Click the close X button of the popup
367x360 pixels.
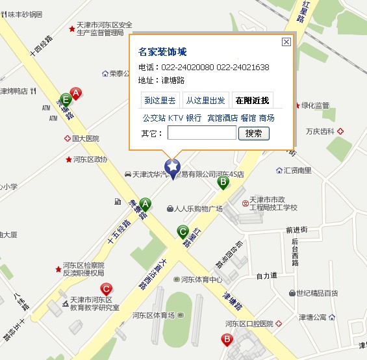[286, 42]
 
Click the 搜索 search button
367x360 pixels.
[254, 133]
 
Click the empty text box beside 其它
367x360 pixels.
[201, 133]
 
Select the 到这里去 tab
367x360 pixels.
[160, 100]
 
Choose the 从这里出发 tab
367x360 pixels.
[205, 100]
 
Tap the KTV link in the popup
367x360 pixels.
[175, 118]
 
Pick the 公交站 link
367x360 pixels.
[154, 118]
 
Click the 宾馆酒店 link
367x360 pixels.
[222, 118]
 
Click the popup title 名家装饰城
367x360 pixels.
[162, 52]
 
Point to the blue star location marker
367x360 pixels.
[173, 167]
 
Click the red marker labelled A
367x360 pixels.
[76, 94]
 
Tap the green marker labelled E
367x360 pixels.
[66, 100]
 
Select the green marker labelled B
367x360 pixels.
[223, 182]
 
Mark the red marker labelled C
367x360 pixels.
[107, 289]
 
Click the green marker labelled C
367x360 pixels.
[183, 231]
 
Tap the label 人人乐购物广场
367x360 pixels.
[198, 209]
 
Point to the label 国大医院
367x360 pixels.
[85, 138]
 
